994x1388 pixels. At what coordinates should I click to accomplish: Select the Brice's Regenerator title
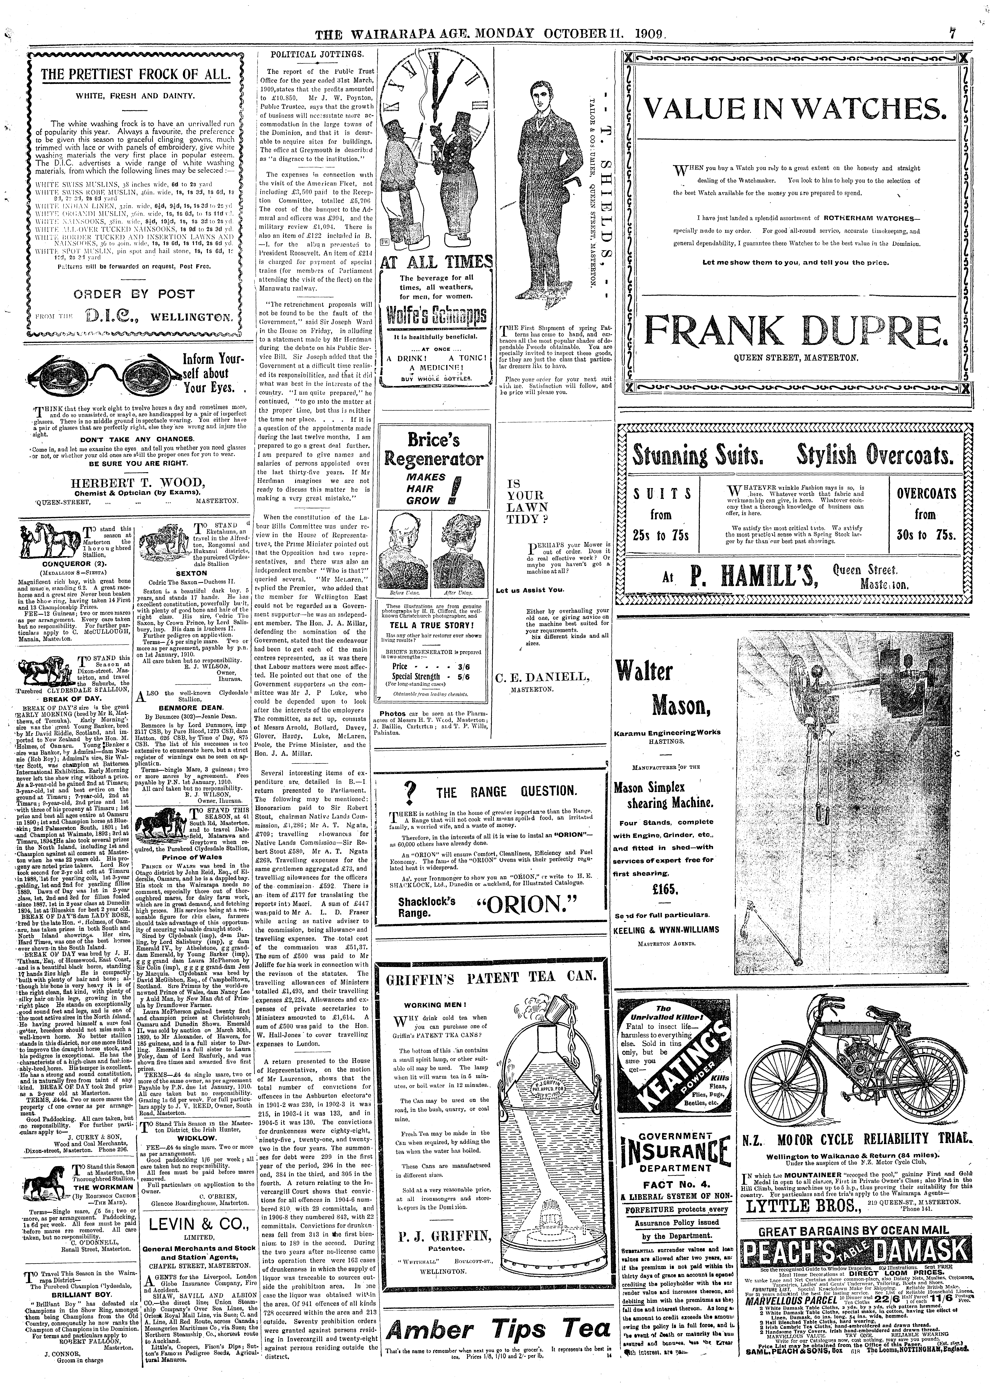pos(435,450)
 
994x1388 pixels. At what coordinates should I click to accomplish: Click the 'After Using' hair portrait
pos(460,554)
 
